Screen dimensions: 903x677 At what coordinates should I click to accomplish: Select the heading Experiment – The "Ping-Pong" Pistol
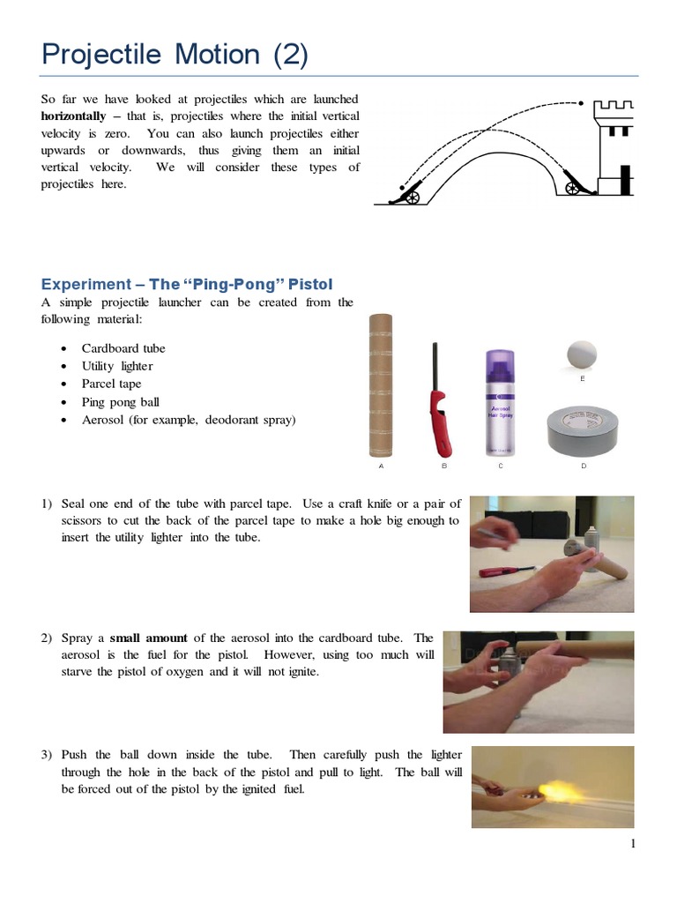click(x=188, y=283)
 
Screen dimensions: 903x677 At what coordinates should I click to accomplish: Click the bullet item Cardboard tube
click(x=123, y=348)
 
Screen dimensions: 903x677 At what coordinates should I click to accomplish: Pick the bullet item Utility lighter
click(x=117, y=366)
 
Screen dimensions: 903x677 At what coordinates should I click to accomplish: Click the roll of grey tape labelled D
click(x=581, y=429)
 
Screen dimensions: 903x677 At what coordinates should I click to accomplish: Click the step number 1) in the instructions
click(x=48, y=504)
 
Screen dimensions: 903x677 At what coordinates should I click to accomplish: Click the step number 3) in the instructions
click(x=48, y=755)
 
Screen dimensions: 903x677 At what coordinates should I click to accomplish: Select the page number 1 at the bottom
click(x=633, y=844)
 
